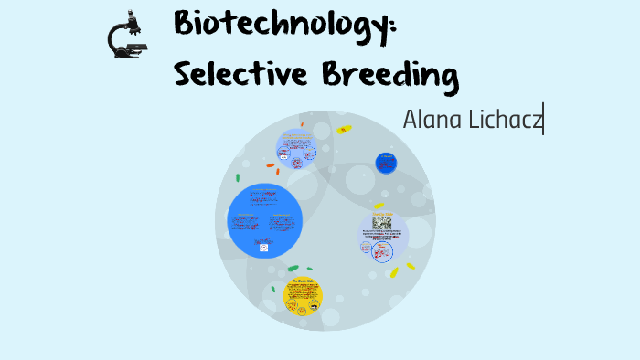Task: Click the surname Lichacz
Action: (x=504, y=119)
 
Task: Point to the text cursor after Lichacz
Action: (x=544, y=119)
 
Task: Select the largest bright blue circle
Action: (x=264, y=220)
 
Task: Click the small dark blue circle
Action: (x=386, y=163)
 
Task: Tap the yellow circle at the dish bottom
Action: (x=303, y=294)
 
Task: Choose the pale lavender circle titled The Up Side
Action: (x=383, y=236)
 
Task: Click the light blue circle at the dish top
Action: (x=296, y=149)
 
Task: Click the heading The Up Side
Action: (x=382, y=213)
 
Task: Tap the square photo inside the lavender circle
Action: (x=382, y=222)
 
